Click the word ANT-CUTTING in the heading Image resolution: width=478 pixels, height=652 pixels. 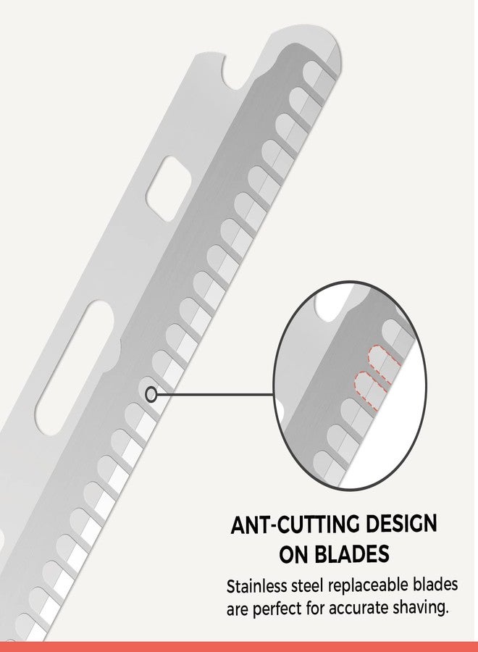coord(293,524)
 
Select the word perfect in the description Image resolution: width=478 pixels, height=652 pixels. coord(277,609)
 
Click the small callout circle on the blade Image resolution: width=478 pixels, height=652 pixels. coord(151,394)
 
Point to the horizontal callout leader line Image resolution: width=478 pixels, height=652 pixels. coord(215,394)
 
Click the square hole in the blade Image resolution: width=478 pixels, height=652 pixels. coord(168,188)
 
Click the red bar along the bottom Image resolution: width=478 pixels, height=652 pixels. coord(239,647)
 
